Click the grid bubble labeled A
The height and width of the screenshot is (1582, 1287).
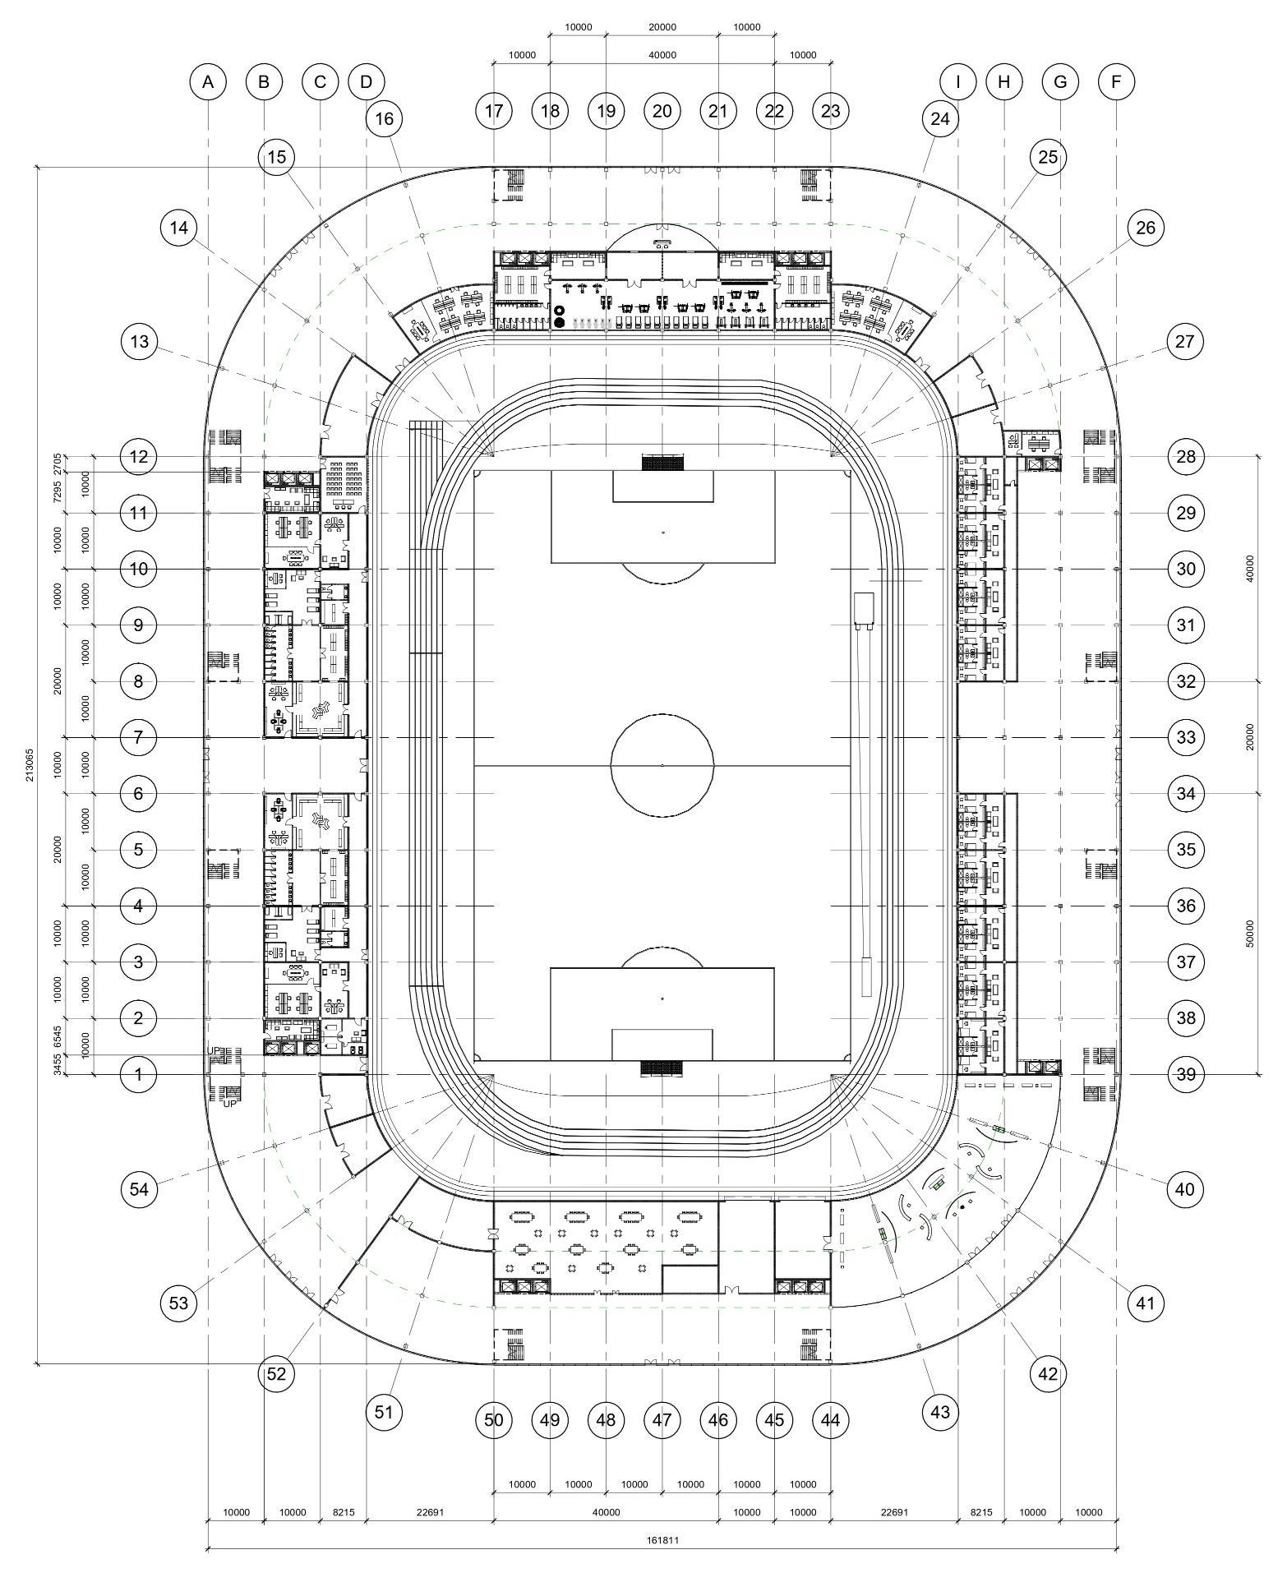tap(208, 81)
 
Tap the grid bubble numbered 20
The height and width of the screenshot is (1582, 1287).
tap(662, 111)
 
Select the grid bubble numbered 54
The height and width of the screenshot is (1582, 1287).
tap(139, 1189)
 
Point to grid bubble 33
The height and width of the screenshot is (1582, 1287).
tap(1185, 737)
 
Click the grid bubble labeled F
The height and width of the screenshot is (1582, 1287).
tap(1116, 81)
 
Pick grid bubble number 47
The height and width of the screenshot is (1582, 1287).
tap(662, 1419)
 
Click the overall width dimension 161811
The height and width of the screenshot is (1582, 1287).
tap(662, 1541)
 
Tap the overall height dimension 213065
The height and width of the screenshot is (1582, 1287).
tap(30, 764)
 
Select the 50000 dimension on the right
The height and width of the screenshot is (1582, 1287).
tap(1250, 933)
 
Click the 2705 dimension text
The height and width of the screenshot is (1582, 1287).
tap(58, 464)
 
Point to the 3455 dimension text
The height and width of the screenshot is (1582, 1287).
tap(58, 1065)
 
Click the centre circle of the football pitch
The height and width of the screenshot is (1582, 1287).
tap(662, 765)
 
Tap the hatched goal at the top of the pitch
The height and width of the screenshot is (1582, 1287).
tap(662, 463)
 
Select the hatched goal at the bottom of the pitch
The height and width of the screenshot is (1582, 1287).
tap(662, 1068)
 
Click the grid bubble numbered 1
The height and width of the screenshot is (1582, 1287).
tap(139, 1074)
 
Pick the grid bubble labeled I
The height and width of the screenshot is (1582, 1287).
tap(957, 81)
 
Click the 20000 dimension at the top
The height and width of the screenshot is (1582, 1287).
tap(662, 27)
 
